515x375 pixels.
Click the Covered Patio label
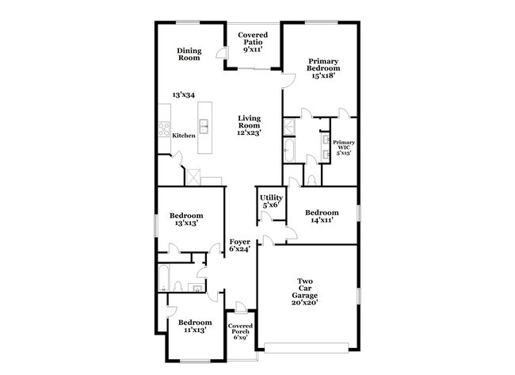(254, 41)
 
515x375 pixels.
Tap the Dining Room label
(189, 54)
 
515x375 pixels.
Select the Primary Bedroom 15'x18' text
(323, 68)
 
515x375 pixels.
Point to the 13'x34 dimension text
(184, 95)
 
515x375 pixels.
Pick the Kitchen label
(184, 136)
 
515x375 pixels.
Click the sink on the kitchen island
(204, 124)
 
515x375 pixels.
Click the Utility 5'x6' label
(271, 201)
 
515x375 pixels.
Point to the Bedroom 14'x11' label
(322, 216)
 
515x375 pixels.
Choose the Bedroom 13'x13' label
(187, 219)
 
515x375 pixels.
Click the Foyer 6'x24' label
(240, 245)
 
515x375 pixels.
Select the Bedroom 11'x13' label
(194, 326)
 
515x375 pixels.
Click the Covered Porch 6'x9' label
(240, 332)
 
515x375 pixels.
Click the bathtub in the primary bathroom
(290, 150)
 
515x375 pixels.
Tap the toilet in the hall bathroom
(179, 286)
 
